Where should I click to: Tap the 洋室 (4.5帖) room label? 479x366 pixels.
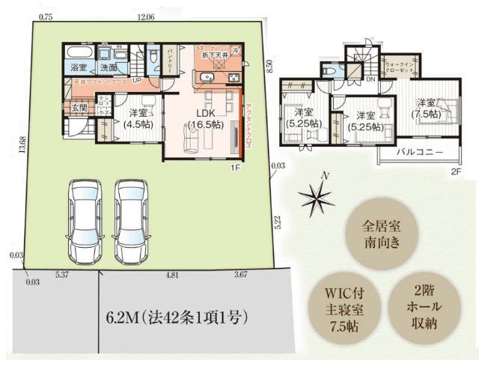tap(137, 120)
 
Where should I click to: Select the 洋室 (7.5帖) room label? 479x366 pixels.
tap(426, 109)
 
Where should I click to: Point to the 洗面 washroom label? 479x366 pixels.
tap(109, 67)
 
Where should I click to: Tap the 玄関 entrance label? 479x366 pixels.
tap(79, 108)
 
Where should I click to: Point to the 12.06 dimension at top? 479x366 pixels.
tap(146, 16)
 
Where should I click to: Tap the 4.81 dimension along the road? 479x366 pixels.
tap(171, 275)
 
